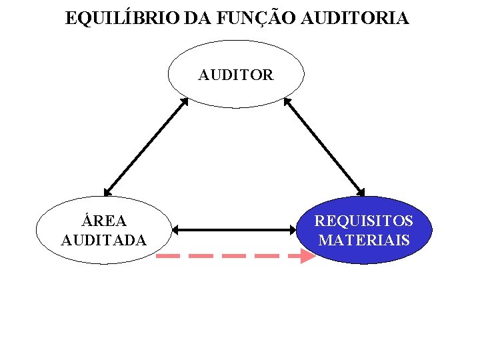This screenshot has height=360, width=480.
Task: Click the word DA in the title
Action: [195, 19]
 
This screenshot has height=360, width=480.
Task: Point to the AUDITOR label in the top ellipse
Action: [235, 75]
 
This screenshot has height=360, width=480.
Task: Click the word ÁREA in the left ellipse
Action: [103, 221]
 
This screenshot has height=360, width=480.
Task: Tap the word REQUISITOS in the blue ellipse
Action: [363, 221]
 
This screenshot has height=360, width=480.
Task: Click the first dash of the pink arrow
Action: [167, 255]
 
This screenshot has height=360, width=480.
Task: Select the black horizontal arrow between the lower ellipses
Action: [234, 230]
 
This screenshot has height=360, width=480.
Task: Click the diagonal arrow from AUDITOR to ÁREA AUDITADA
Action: [146, 147]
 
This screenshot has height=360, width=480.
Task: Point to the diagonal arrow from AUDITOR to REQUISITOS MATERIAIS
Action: [325, 147]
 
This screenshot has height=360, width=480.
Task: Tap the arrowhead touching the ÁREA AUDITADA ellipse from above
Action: [107, 191]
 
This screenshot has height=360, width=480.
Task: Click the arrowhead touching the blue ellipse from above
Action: [362, 191]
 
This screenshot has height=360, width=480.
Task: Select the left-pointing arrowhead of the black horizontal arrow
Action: [176, 230]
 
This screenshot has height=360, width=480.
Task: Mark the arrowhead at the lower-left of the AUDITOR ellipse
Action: [185, 103]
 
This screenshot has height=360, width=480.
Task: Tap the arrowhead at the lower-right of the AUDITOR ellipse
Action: [287, 103]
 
